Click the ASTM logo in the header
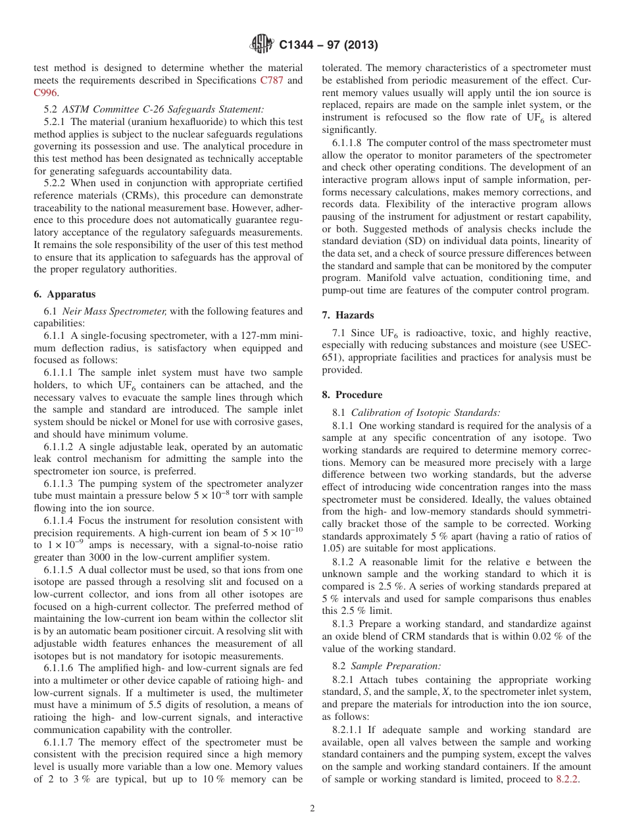(x=262, y=45)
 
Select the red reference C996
(x=45, y=93)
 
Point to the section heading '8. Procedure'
(x=352, y=395)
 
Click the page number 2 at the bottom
(x=312, y=809)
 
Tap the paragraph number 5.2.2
(x=55, y=182)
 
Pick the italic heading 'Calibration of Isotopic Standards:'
(x=425, y=413)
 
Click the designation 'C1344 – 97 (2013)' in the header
(x=328, y=45)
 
